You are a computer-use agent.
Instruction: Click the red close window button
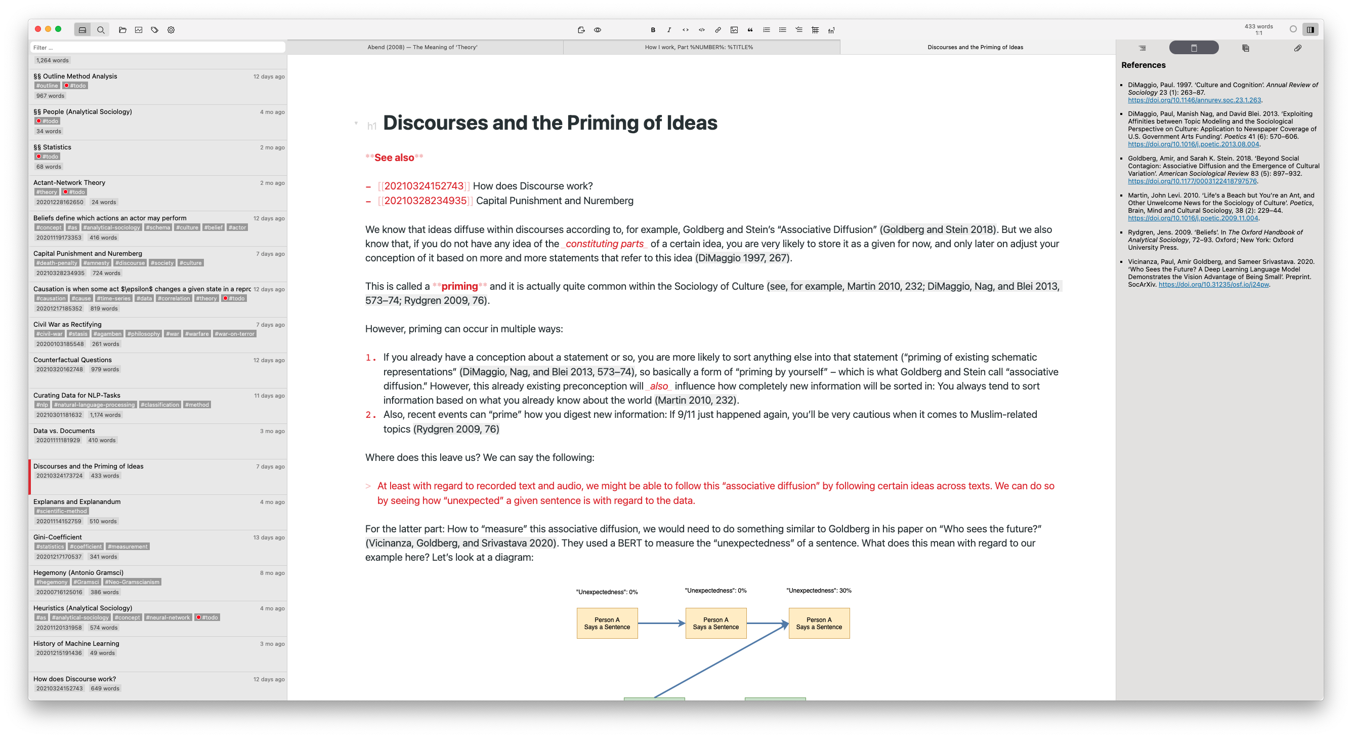pyautogui.click(x=38, y=29)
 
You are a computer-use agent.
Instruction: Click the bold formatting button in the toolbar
pyautogui.click(x=653, y=30)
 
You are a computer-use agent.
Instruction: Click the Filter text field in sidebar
pyautogui.click(x=157, y=47)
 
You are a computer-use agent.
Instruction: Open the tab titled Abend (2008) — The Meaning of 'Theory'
pyautogui.click(x=423, y=47)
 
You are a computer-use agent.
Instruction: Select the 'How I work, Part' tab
pyautogui.click(x=699, y=47)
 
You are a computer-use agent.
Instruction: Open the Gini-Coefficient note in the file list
pyautogui.click(x=58, y=537)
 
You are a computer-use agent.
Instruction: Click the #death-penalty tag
pyautogui.click(x=57, y=263)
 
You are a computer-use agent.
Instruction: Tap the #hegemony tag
pyautogui.click(x=52, y=581)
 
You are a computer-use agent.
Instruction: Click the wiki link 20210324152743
pyautogui.click(x=424, y=186)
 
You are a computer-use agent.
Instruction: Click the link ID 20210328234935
pyautogui.click(x=425, y=201)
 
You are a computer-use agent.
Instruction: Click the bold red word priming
pyautogui.click(x=459, y=286)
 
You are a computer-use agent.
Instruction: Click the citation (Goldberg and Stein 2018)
pyautogui.click(x=939, y=229)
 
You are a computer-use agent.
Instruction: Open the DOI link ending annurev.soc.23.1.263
pyautogui.click(x=1194, y=100)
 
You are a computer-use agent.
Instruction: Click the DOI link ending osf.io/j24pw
pyautogui.click(x=1213, y=284)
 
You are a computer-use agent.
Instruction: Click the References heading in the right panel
pyautogui.click(x=1143, y=65)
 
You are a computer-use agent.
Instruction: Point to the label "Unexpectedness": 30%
pyautogui.click(x=819, y=591)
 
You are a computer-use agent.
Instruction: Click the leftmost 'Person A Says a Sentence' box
pyautogui.click(x=607, y=624)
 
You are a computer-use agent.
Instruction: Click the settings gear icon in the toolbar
pyautogui.click(x=171, y=30)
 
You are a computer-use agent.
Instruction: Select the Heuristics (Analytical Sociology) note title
pyautogui.click(x=83, y=608)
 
